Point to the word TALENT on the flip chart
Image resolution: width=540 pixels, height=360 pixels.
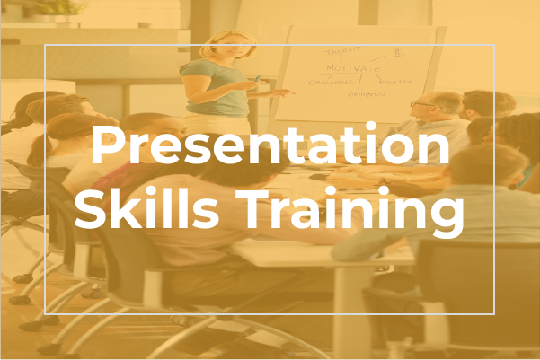click(343, 51)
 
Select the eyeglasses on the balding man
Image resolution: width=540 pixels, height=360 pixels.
click(421, 105)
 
